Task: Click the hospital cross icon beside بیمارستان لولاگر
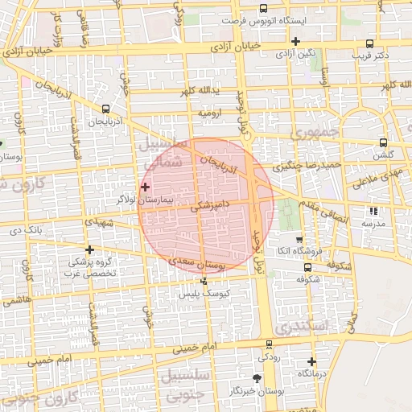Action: pyautogui.click(x=144, y=187)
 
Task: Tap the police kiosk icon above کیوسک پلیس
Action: pyautogui.click(x=204, y=281)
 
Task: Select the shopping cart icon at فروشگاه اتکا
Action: pyautogui.click(x=299, y=239)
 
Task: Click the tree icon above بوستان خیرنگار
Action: pyautogui.click(x=257, y=377)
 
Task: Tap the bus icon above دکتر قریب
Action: pyautogui.click(x=369, y=43)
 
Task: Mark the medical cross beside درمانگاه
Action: pyautogui.click(x=311, y=361)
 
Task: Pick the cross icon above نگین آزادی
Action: pyautogui.click(x=296, y=41)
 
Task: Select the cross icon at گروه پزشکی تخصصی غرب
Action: pyautogui.click(x=89, y=249)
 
